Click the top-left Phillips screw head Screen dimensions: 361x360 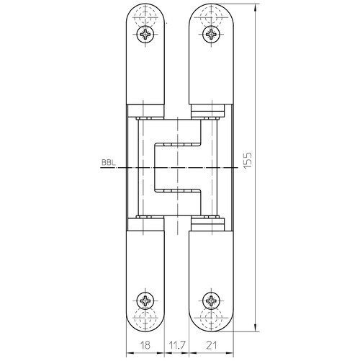(147, 35)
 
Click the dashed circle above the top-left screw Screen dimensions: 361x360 (147, 17)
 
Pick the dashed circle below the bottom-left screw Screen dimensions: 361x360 (147, 318)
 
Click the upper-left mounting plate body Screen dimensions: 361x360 (147, 72)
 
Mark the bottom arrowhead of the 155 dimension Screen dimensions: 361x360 (256, 328)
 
